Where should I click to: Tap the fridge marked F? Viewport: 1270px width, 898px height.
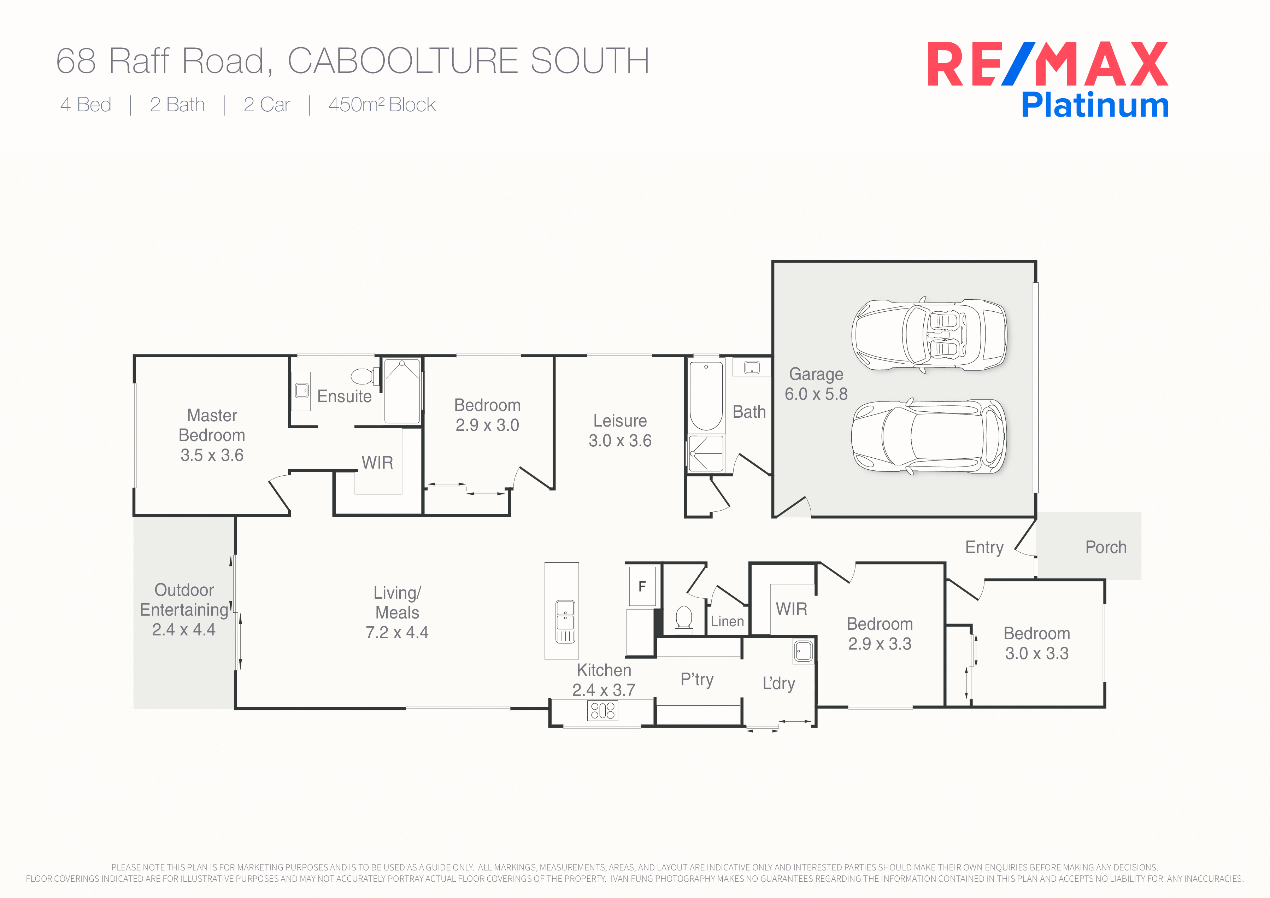click(x=642, y=586)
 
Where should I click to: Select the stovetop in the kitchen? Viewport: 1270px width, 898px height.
click(x=602, y=710)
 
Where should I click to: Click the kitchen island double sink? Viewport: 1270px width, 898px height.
click(x=565, y=621)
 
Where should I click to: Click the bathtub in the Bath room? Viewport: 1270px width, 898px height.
click(x=706, y=396)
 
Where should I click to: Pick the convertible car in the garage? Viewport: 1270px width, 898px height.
click(x=929, y=335)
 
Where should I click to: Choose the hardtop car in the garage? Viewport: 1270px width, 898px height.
click(x=929, y=436)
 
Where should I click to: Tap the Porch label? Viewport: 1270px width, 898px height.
click(x=1106, y=547)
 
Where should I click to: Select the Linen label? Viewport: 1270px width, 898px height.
click(x=727, y=621)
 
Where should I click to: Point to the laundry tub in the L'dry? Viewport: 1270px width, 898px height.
click(x=803, y=651)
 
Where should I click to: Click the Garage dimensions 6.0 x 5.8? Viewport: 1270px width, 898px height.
click(x=816, y=394)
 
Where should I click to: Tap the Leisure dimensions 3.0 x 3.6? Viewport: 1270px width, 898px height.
click(x=620, y=440)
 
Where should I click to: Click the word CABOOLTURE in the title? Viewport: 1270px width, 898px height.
click(x=403, y=60)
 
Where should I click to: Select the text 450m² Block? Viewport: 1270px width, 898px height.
click(x=382, y=105)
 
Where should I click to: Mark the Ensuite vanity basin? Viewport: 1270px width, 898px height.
click(x=301, y=391)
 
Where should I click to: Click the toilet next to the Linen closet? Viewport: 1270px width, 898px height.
click(x=684, y=618)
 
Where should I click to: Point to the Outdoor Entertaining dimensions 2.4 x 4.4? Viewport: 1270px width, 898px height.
click(x=184, y=630)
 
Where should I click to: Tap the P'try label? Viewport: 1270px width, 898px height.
click(x=697, y=680)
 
